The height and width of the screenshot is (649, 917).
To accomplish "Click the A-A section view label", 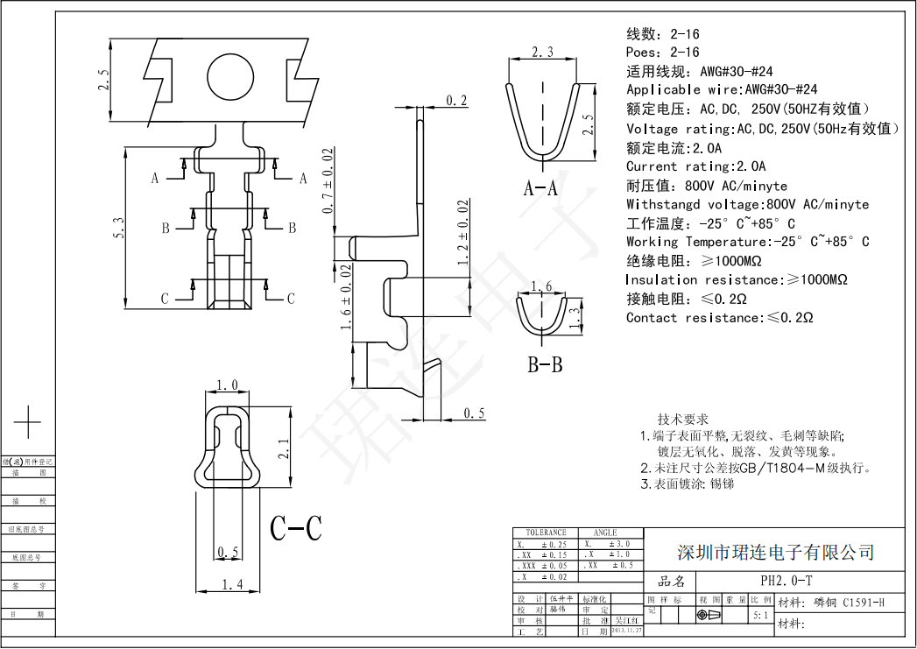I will [541, 187].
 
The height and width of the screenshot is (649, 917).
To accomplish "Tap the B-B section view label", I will [544, 365].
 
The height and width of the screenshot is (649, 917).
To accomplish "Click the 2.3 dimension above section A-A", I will [543, 53].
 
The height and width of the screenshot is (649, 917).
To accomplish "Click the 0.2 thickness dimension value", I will [456, 101].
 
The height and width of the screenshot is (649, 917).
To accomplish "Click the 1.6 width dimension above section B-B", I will [542, 286].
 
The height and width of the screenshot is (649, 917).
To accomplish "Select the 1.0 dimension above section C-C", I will [228, 385].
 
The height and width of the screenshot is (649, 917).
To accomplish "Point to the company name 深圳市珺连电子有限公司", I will [776, 553].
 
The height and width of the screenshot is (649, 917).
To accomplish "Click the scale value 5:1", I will [761, 617].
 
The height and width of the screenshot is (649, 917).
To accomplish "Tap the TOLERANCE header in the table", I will [546, 533].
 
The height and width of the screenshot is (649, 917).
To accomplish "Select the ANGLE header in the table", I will [605, 533].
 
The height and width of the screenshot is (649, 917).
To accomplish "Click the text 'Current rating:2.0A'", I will [695, 166].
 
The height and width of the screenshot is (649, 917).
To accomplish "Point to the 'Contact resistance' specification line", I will [719, 318].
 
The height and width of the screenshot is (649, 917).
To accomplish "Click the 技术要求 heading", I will [683, 420].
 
